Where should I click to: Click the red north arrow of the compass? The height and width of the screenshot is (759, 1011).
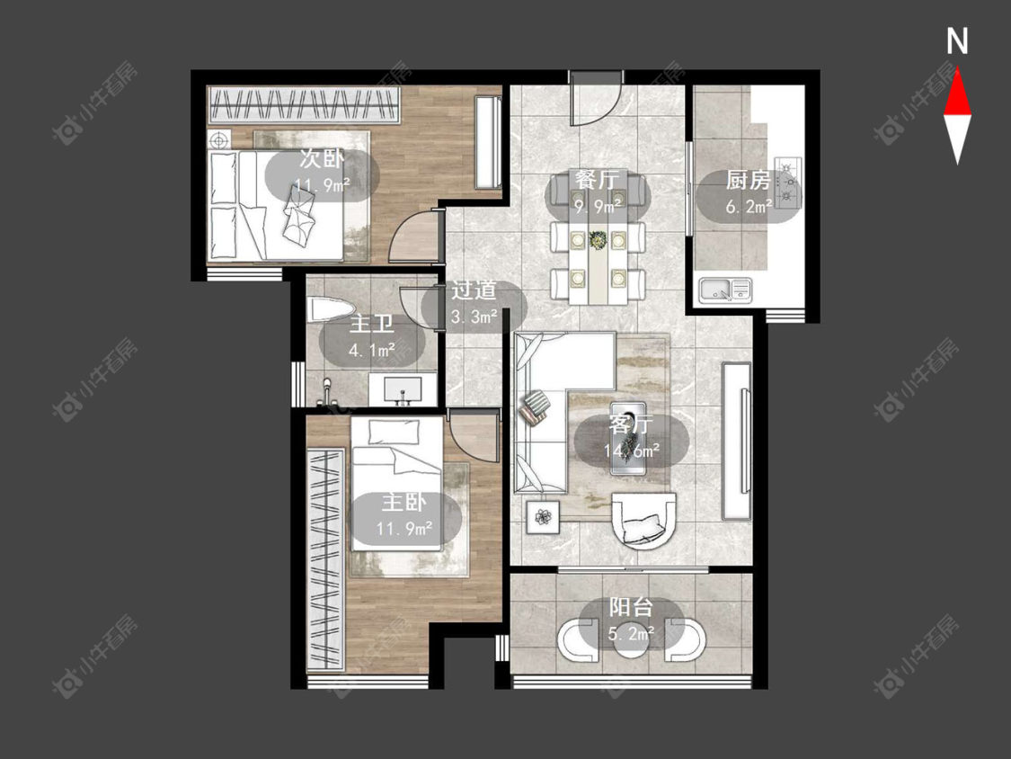tap(957, 93)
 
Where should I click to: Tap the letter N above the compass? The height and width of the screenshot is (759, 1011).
tap(957, 41)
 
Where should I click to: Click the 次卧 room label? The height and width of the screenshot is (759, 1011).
tap(322, 159)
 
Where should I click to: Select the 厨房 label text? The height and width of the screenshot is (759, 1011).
tap(748, 180)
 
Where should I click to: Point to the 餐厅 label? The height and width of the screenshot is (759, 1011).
tap(597, 180)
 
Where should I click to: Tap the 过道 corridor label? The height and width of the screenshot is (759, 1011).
tap(474, 290)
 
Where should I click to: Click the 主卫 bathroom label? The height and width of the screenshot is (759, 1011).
tap(371, 324)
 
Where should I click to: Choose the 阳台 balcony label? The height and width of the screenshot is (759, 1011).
tap(631, 607)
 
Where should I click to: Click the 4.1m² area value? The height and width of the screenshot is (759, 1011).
tap(371, 351)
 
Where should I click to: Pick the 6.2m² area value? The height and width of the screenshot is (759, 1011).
tap(749, 207)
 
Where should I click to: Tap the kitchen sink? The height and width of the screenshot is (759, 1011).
tap(725, 290)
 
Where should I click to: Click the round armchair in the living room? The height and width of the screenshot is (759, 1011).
tap(643, 520)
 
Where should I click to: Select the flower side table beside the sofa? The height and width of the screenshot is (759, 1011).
tap(544, 516)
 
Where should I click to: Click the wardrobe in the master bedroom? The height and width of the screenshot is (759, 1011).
tap(325, 559)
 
